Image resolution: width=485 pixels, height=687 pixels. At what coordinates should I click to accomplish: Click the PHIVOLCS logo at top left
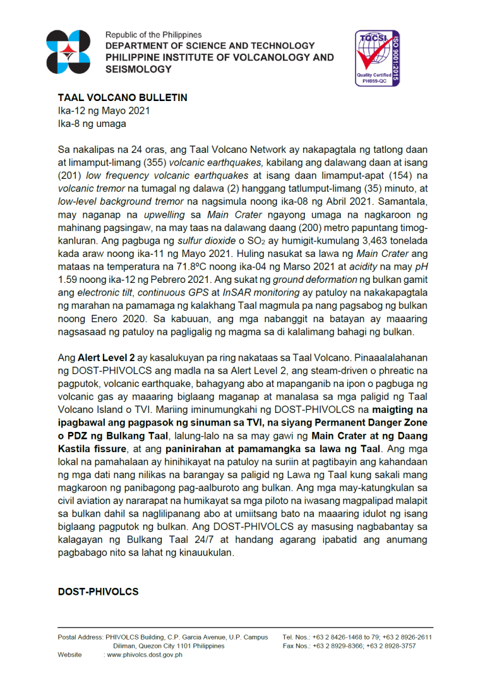pos(73,52)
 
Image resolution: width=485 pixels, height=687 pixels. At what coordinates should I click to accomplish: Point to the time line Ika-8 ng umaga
pos(92,123)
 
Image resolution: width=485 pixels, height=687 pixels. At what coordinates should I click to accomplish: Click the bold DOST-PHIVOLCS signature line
pos(98,592)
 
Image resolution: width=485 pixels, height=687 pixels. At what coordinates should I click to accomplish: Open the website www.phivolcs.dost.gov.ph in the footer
pos(145,655)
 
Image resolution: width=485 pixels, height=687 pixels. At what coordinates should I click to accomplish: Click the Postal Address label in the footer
pos(80,637)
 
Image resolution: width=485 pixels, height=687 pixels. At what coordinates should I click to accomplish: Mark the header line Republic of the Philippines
pos(153,35)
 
